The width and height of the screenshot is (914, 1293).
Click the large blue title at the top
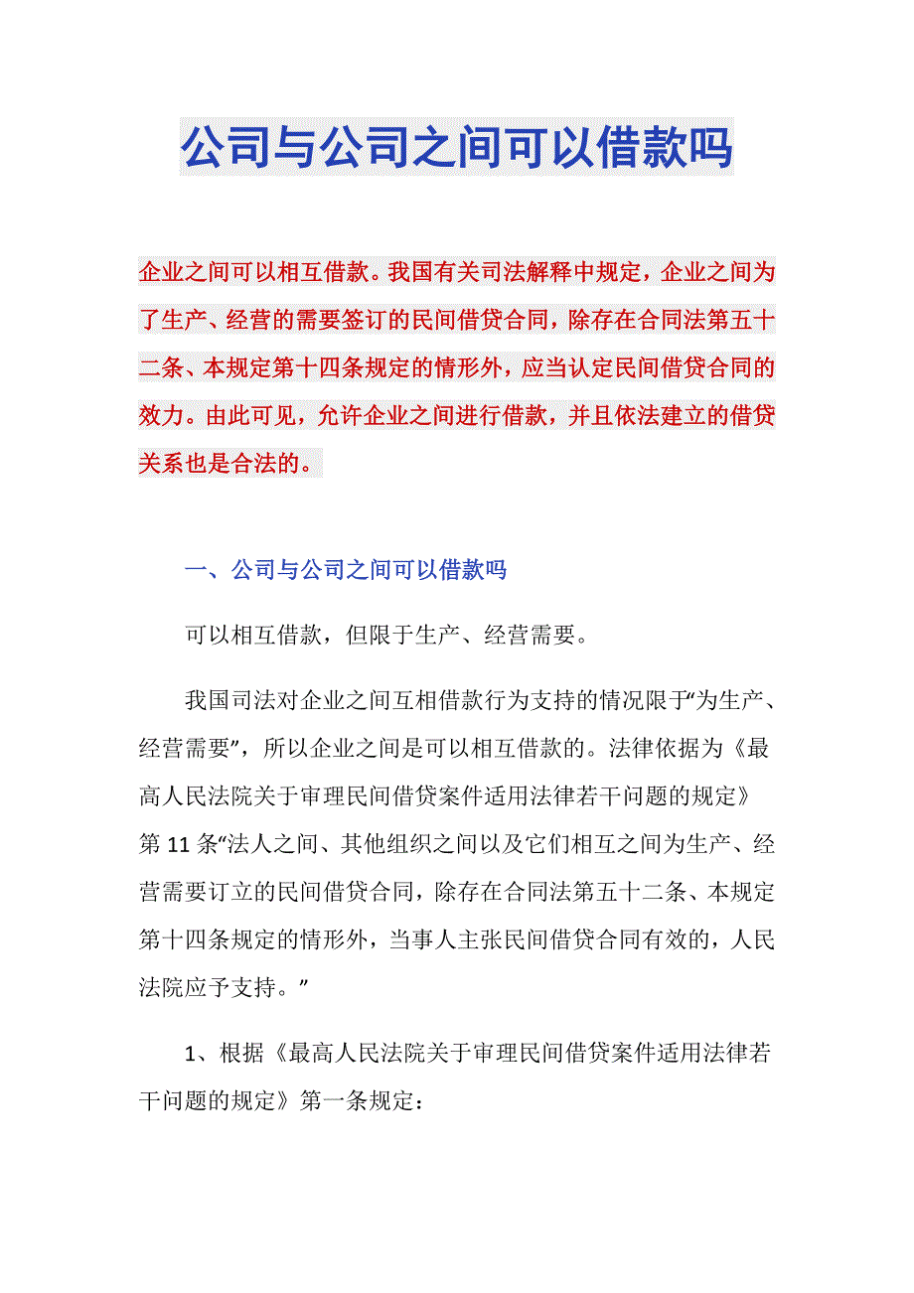[457, 147]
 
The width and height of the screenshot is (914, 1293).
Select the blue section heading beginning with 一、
[347, 570]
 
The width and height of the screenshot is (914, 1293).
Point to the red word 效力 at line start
[160, 416]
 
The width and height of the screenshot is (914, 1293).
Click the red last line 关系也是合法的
[230, 464]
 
